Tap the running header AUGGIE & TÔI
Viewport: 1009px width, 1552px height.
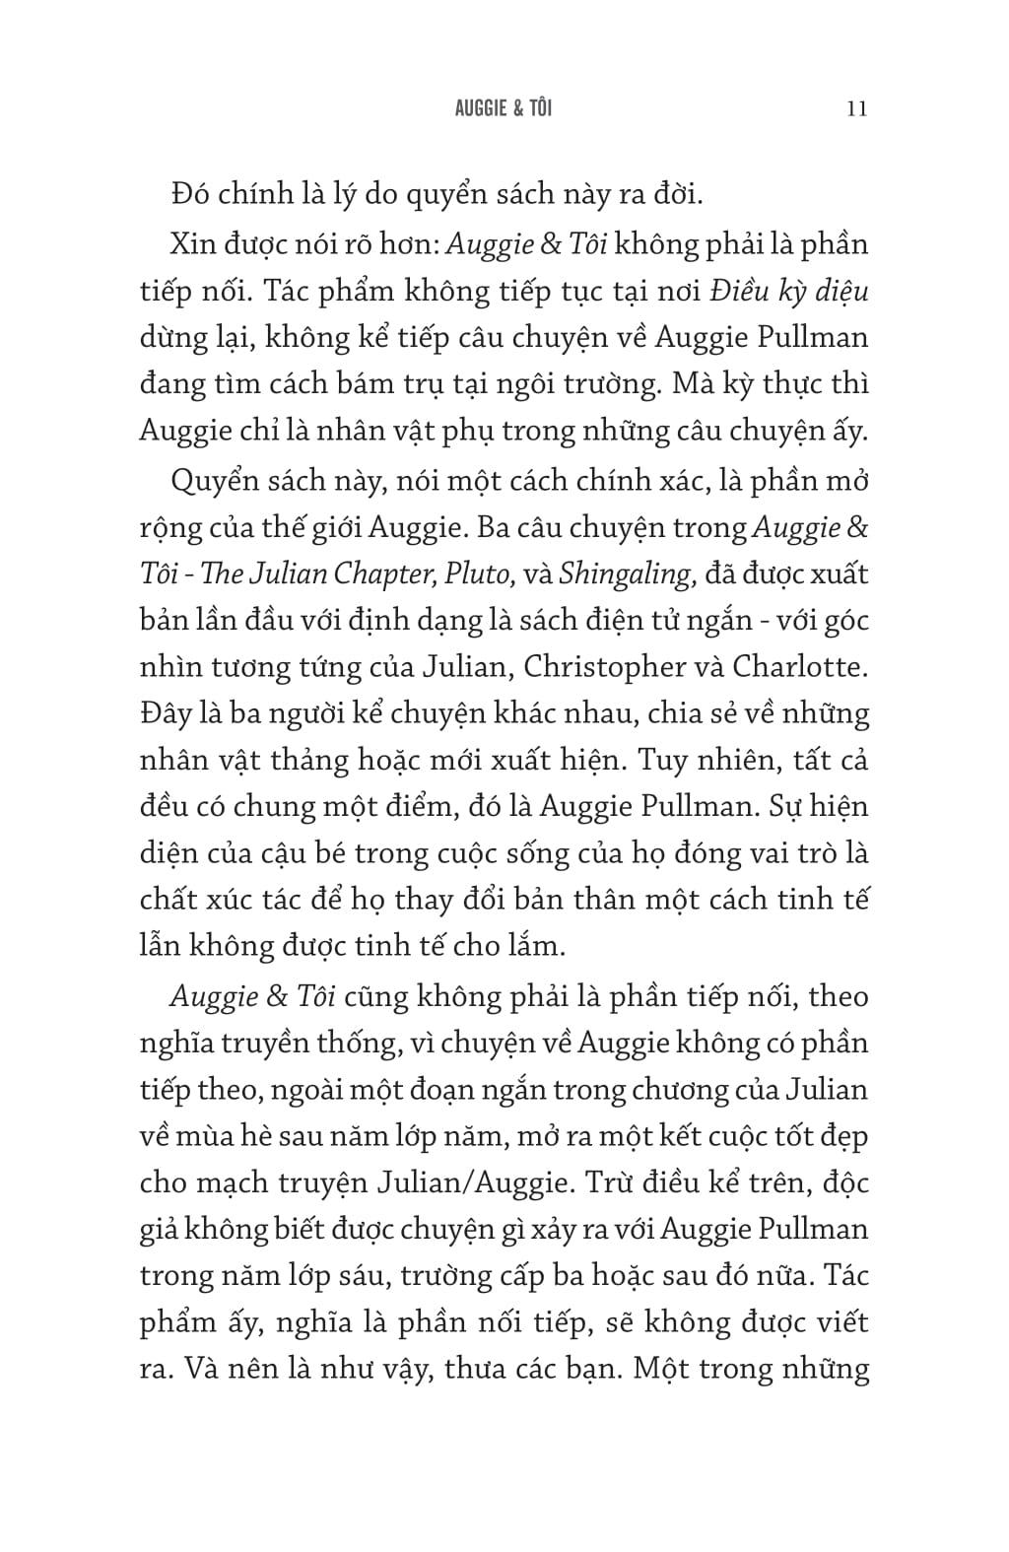504,107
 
